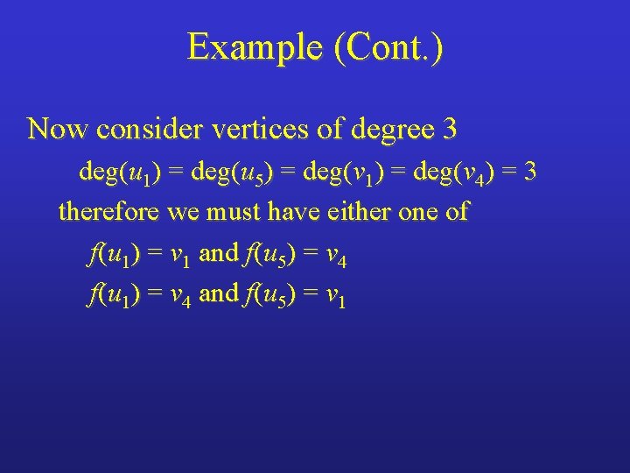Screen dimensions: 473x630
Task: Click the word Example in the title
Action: point(255,47)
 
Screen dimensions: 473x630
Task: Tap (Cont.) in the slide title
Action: point(388,47)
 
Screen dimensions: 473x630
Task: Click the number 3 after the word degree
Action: point(450,130)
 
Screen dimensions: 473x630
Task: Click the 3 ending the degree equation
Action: point(529,172)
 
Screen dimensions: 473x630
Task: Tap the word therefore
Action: point(110,212)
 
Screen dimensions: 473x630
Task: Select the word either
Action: point(363,212)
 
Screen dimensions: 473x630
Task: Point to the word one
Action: point(425,212)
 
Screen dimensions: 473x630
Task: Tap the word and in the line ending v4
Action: point(219,254)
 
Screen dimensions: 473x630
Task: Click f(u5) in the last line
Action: point(270,295)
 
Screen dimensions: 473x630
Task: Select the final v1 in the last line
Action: point(336,297)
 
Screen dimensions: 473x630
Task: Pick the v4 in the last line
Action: point(180,297)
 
